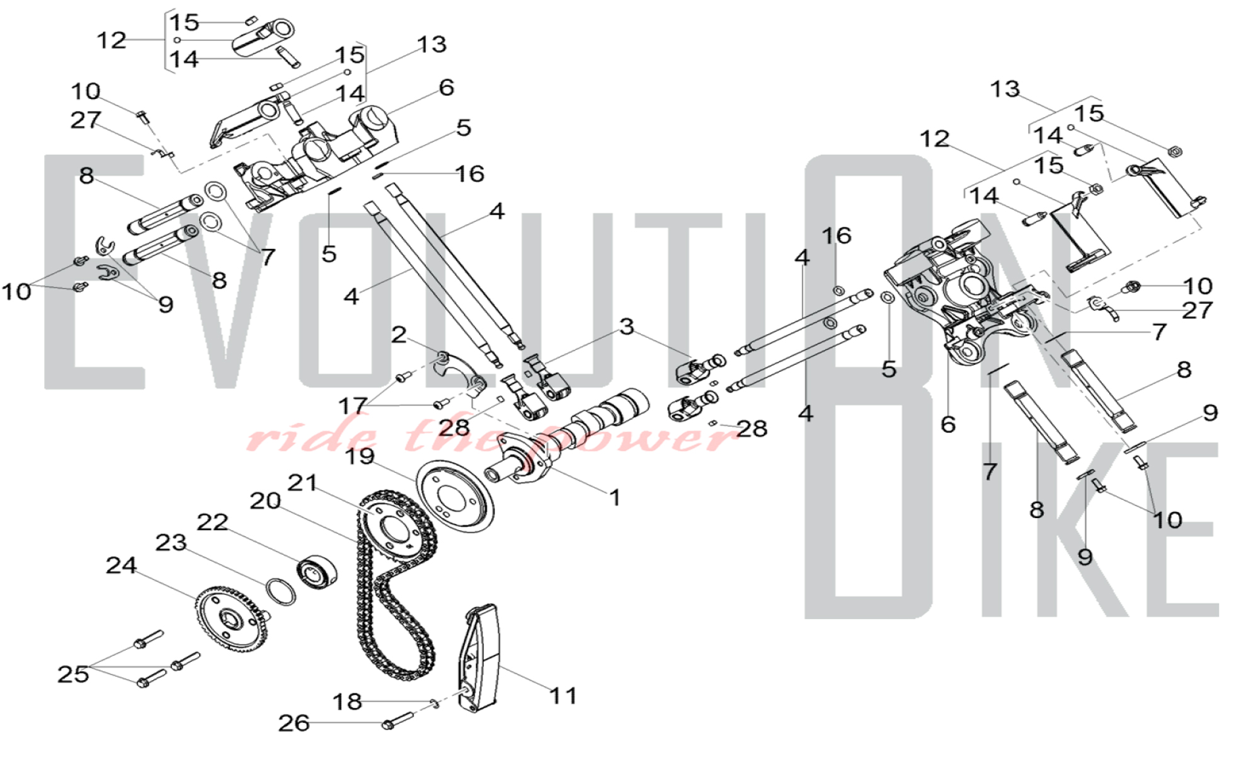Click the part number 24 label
coord(121,565)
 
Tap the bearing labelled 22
coord(316,572)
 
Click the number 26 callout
coord(294,723)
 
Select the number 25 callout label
coord(73,674)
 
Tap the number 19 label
coord(360,456)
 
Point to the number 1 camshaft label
coord(615,498)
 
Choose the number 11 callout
coord(563,696)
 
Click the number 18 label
coord(347,702)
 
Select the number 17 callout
coord(353,406)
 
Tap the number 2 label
coord(399,334)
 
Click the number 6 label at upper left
coord(447,88)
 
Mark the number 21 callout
coord(302,483)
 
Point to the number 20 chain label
coord(265,501)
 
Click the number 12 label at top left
coord(112,40)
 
